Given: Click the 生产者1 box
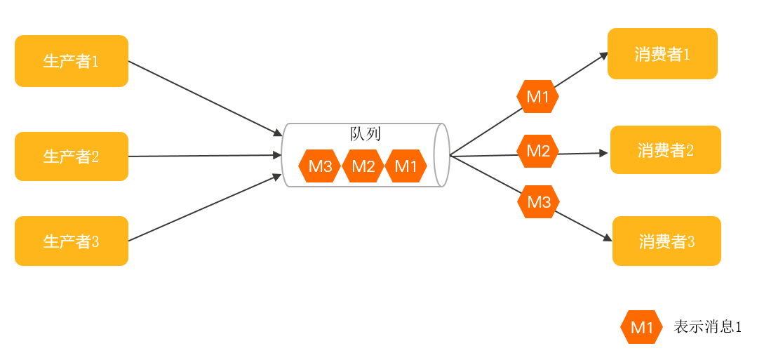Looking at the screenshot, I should pyautogui.click(x=71, y=61).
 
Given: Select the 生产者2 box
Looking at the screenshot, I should pyautogui.click(x=71, y=156).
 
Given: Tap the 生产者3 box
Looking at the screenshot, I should pyautogui.click(x=71, y=241).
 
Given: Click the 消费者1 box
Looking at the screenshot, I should pyautogui.click(x=662, y=54).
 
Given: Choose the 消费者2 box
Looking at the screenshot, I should pyautogui.click(x=665, y=150).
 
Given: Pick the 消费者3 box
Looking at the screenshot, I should pyautogui.click(x=666, y=241).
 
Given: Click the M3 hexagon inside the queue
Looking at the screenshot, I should pyautogui.click(x=320, y=166).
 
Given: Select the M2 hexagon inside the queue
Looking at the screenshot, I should pyautogui.click(x=363, y=166).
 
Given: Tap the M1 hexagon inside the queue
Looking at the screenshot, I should pyautogui.click(x=406, y=166).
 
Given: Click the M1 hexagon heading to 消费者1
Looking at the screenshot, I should pyautogui.click(x=537, y=97).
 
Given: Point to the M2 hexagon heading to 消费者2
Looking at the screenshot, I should pyautogui.click(x=538, y=151).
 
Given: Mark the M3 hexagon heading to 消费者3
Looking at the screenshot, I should pyautogui.click(x=538, y=202).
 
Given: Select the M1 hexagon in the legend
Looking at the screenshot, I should pyautogui.click(x=641, y=327).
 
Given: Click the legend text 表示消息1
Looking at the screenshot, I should pyautogui.click(x=706, y=327).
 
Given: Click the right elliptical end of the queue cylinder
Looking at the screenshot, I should pyautogui.click(x=441, y=155).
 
